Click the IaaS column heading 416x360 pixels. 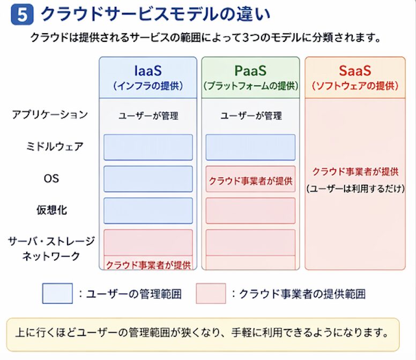pos(147,71)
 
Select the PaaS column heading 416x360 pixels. pos(250,71)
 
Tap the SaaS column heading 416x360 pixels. pos(355,71)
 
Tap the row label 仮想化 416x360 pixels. pos(51,210)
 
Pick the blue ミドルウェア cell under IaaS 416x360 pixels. pos(148,147)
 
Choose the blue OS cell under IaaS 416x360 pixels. pos(148,179)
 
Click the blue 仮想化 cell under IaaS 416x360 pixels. pos(148,211)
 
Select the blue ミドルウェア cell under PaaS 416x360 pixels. pos(250,147)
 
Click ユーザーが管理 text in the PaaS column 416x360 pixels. pos(251,116)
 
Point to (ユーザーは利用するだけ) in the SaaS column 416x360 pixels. pos(355,189)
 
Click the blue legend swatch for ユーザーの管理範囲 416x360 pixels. pos(57,293)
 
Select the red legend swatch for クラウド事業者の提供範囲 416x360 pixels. pos(211,293)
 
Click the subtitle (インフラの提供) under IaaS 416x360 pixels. pos(148,86)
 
